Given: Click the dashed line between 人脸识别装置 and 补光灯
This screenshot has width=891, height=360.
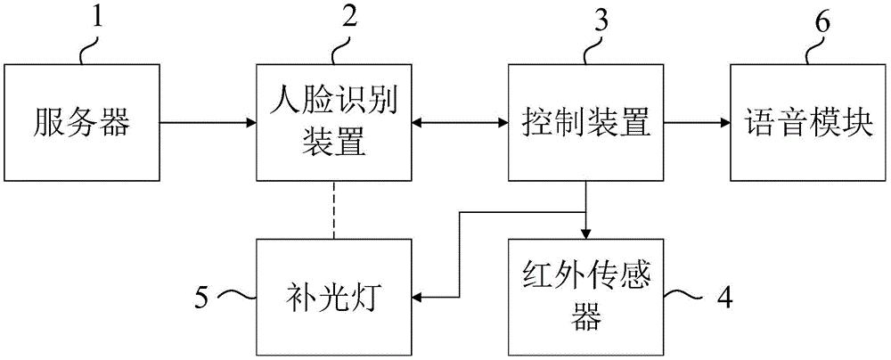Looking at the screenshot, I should pos(332,210).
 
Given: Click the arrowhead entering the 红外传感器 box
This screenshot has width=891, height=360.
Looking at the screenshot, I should pos(584,234).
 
